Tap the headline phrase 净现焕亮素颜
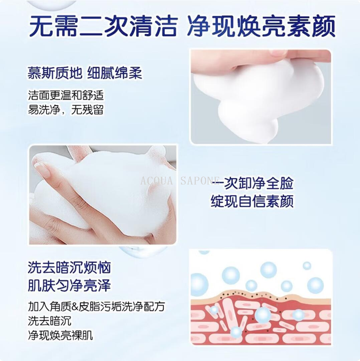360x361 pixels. coord(261,26)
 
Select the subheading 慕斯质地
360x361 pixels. coord(55,73)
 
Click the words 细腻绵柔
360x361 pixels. coord(115,73)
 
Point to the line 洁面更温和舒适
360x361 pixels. coord(66,95)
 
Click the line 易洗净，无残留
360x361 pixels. coord(66,109)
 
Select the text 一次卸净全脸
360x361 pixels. coord(253,184)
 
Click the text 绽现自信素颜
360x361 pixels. coord(252,201)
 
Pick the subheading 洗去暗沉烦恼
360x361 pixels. coord(69,268)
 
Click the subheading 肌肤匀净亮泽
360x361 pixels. coord(69,286)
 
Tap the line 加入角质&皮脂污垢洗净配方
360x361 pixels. coord(97,306)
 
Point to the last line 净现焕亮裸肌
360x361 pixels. coord(60,335)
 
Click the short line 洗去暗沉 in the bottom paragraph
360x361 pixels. coord(49,321)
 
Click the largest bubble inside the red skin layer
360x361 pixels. coord(262,315)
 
